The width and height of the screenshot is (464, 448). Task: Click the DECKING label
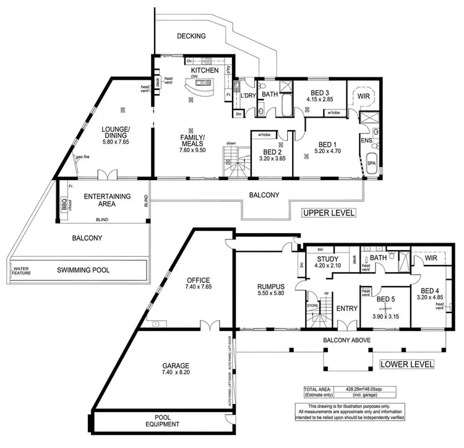[191, 36]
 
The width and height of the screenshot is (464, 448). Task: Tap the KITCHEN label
[205, 72]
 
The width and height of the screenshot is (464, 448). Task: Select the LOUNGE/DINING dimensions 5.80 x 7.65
[115, 142]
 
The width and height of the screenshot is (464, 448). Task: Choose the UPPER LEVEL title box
[328, 213]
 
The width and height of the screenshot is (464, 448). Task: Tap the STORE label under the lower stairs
[312, 305]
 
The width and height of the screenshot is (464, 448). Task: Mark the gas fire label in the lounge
[84, 157]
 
